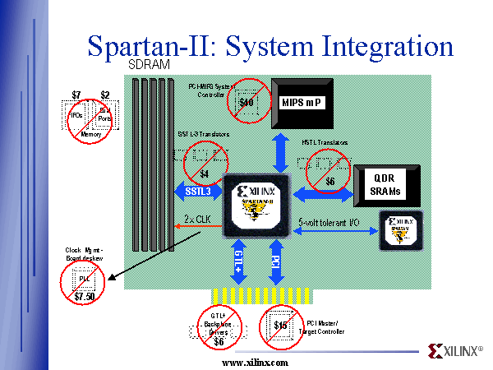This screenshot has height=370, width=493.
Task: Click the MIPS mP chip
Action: pyautogui.click(x=302, y=102)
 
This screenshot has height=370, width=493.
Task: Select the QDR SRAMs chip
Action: pyautogui.click(x=385, y=185)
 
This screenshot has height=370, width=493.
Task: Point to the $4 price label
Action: pyautogui.click(x=204, y=173)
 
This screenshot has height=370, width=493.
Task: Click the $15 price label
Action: pyautogui.click(x=281, y=325)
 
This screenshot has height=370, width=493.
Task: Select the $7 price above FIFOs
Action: pyautogui.click(x=76, y=95)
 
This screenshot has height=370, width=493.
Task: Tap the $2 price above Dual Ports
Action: pyautogui.click(x=105, y=95)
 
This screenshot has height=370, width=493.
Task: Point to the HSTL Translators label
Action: pyautogui.click(x=323, y=142)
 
